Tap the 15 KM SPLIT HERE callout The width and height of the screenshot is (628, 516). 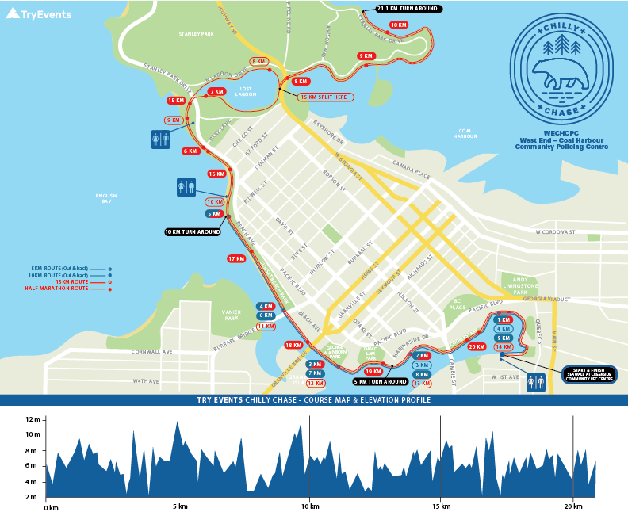[x=325, y=97]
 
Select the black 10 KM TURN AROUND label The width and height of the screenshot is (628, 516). [x=193, y=232]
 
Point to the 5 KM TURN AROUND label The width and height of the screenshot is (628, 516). [x=381, y=381]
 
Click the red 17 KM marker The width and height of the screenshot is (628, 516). [x=236, y=258]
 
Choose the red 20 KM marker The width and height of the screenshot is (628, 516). [x=477, y=346]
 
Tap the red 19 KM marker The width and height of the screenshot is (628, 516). [x=373, y=371]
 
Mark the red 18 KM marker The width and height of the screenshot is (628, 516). [x=293, y=345]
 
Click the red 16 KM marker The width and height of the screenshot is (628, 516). [x=216, y=174]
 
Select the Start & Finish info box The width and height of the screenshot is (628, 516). [x=588, y=374]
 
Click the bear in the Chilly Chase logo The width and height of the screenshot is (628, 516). [x=561, y=75]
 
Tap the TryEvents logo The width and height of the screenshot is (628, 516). [x=39, y=13]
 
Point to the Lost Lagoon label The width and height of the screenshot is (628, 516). [x=245, y=91]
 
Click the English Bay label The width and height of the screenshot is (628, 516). [x=106, y=198]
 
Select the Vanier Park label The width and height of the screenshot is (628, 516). [x=231, y=315]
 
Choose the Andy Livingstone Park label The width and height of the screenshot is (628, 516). [x=519, y=285]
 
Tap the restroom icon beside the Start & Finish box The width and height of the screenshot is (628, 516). [x=536, y=383]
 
